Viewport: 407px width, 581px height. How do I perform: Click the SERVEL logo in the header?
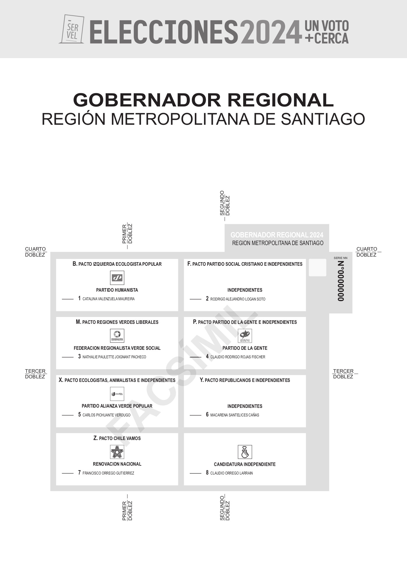72,29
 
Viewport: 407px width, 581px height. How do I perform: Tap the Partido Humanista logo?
117,278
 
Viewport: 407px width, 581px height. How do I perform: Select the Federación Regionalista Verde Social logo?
117,336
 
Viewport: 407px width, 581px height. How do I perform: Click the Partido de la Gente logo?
245,336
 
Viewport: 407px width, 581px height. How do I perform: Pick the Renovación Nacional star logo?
117,452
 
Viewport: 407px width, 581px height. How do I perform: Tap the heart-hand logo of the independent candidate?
245,452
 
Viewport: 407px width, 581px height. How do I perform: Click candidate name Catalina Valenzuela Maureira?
109,299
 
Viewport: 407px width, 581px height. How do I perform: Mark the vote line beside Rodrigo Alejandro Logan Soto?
195,299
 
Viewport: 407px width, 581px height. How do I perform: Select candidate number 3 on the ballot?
79,357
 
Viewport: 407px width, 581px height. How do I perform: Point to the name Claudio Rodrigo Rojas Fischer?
238,357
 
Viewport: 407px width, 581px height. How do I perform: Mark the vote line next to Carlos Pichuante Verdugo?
68,415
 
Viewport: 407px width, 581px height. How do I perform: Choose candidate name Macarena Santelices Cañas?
235,415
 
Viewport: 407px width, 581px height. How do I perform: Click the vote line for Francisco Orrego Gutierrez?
68,473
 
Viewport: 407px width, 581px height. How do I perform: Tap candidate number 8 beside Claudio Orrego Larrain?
207,473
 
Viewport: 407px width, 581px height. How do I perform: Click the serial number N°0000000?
341,281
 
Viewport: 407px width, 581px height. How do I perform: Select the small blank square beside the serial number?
318,267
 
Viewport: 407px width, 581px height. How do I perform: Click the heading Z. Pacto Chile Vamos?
117,438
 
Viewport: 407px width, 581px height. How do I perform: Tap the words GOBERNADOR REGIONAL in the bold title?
203,100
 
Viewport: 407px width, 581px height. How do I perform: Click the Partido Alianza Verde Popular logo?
117,394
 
